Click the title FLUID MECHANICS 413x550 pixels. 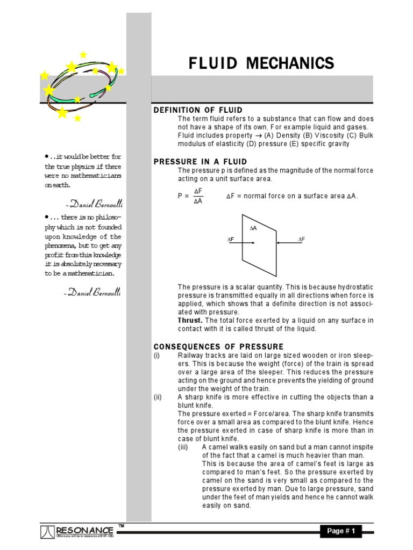coord(261,63)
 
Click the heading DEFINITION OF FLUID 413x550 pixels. coord(198,110)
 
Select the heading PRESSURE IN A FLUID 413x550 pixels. coord(200,162)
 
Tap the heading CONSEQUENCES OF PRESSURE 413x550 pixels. coord(218,346)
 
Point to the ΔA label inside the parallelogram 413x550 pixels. coord(254,228)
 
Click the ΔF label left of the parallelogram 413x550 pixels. coord(230,239)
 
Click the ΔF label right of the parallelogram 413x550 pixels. coord(302,239)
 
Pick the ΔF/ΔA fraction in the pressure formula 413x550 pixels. coord(198,196)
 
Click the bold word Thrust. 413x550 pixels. coord(190,320)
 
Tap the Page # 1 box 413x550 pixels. coord(341,531)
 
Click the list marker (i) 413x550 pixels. coord(156,356)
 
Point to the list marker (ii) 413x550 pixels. coord(157,397)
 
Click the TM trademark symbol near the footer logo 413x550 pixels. coord(121,525)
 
